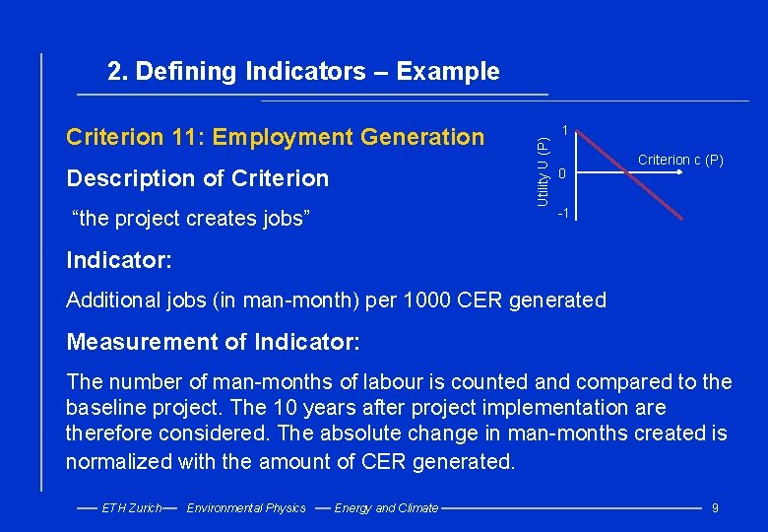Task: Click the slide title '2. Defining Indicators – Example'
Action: click(303, 72)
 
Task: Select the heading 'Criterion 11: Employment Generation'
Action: click(275, 137)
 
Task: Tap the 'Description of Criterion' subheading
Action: click(197, 178)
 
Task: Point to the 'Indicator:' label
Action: click(119, 261)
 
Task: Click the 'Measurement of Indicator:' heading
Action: click(213, 343)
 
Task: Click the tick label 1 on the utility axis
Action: click(563, 130)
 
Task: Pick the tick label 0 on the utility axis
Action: click(560, 174)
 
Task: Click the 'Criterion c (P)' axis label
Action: click(680, 160)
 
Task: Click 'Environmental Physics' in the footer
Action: click(246, 508)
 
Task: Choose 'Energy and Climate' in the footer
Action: click(386, 508)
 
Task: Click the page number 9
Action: click(715, 508)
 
